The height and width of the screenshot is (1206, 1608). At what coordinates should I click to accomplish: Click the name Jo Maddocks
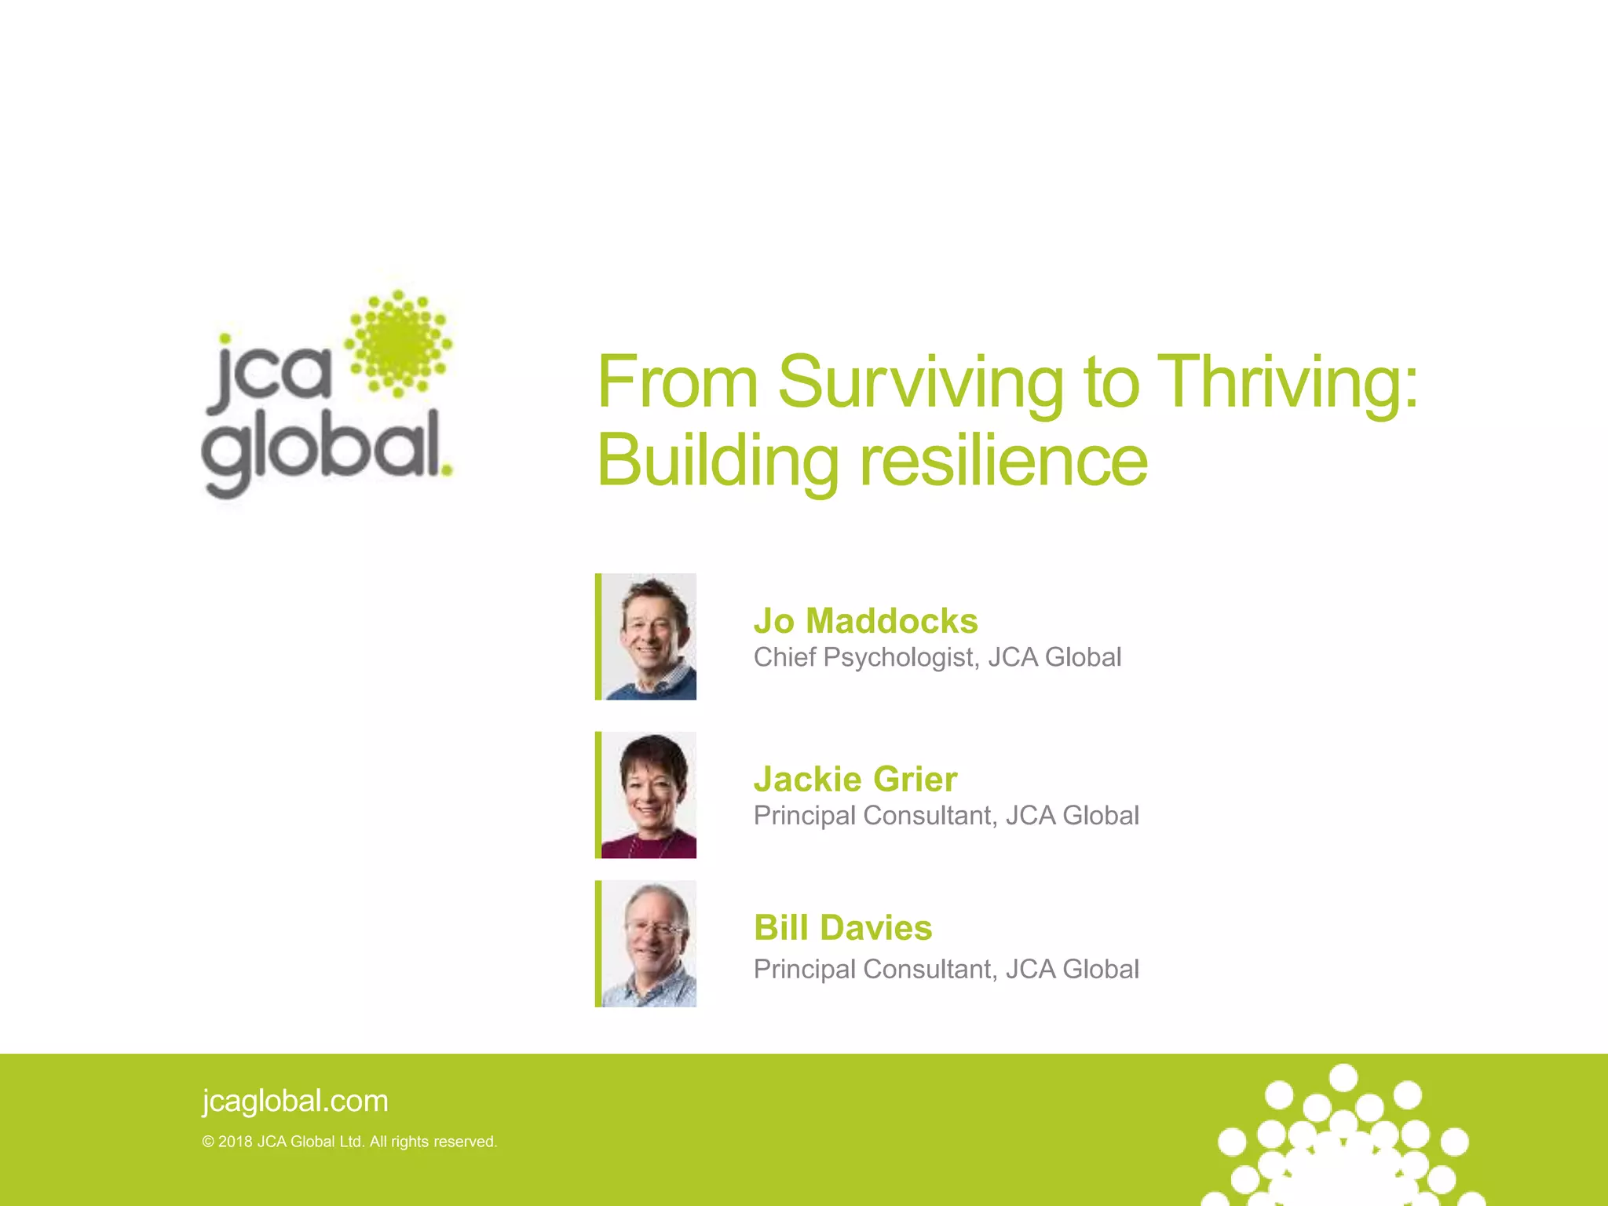(865, 621)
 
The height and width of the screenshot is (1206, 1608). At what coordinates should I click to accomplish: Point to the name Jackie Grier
(855, 780)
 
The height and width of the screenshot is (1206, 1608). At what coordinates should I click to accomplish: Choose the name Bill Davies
(842, 928)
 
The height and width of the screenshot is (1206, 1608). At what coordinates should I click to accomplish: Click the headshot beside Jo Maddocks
(649, 637)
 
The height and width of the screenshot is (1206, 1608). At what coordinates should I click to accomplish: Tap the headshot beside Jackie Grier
(649, 795)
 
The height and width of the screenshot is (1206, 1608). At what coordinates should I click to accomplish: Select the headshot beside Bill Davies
(649, 944)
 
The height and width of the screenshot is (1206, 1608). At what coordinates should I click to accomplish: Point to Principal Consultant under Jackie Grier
(875, 817)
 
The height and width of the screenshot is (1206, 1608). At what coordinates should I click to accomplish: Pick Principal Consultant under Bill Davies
(875, 970)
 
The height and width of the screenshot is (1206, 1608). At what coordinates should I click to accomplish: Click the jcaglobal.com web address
(295, 1101)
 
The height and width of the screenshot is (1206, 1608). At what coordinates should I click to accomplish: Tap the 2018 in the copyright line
(235, 1142)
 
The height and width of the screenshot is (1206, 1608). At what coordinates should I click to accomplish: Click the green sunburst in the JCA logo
(399, 343)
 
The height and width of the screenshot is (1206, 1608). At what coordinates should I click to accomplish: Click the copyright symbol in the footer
(208, 1142)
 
